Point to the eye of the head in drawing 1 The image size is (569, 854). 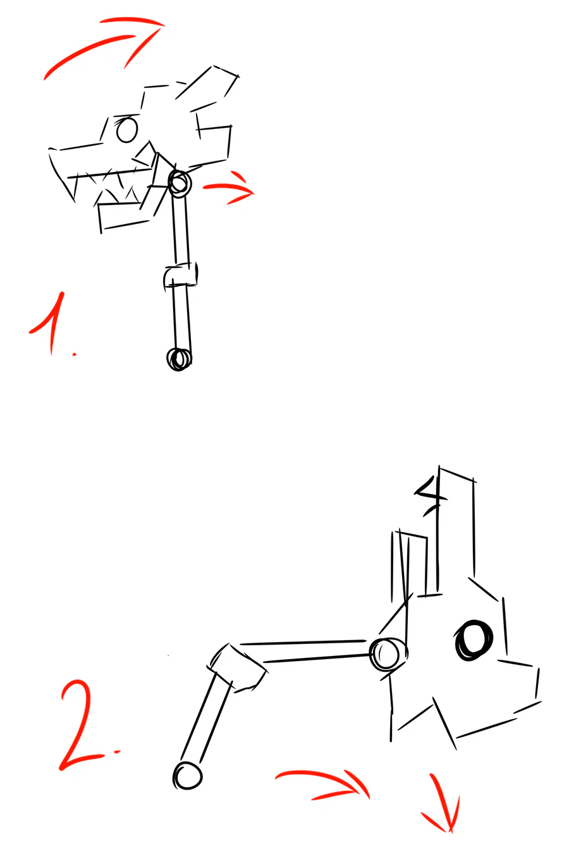pos(126,130)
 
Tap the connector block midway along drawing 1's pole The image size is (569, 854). pos(181,275)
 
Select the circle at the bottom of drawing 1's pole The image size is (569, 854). pos(179,359)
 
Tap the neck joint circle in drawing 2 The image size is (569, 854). pos(388,654)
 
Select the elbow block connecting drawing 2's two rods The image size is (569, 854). pos(237,667)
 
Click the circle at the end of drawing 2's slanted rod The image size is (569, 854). pos(187,776)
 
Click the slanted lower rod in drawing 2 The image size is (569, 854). pos(206,722)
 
